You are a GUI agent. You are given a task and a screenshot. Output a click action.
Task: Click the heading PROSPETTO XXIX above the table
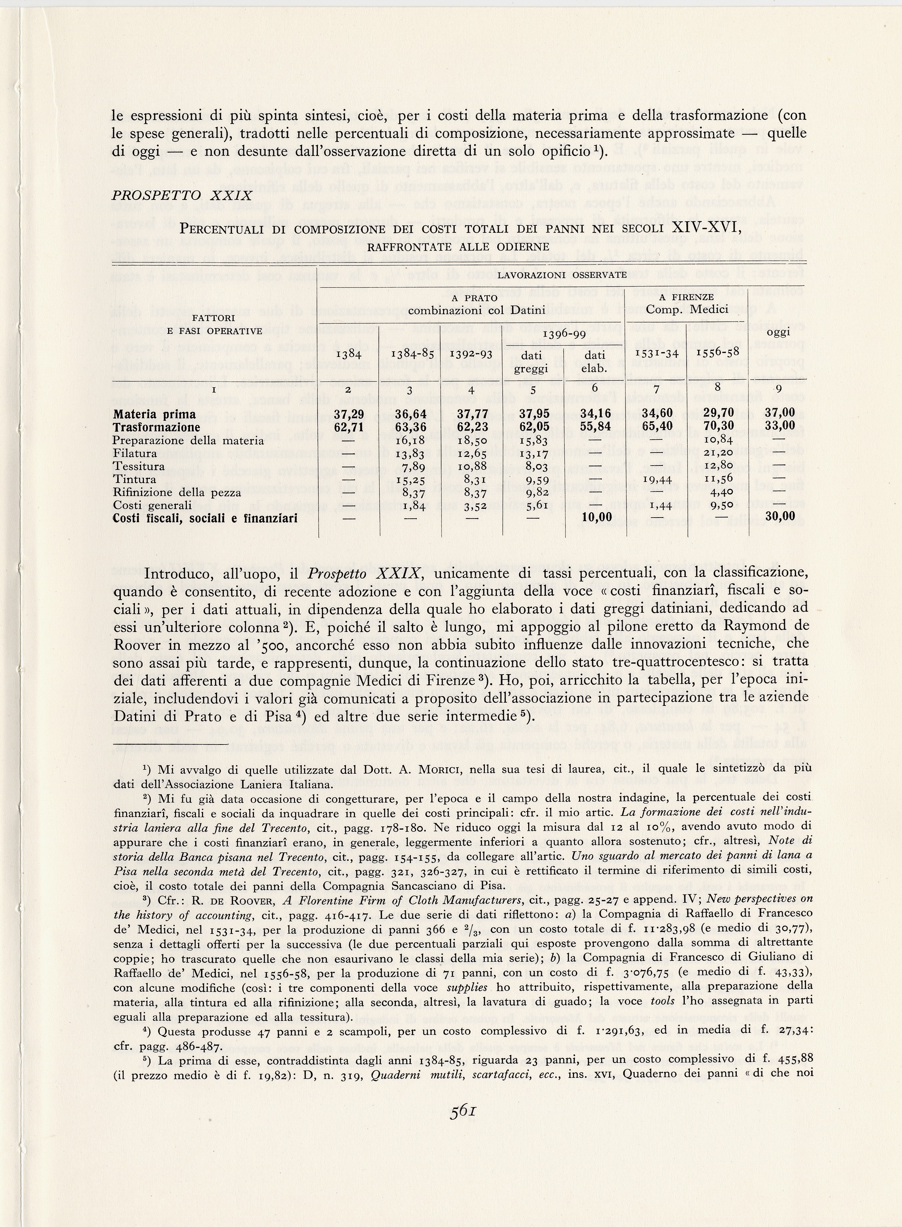click(x=182, y=196)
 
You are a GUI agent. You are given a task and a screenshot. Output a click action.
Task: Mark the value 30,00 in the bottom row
click(x=780, y=516)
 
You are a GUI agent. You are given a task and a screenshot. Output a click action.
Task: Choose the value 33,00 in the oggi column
click(x=780, y=427)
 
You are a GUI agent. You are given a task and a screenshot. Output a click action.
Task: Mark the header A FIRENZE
click(x=686, y=297)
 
